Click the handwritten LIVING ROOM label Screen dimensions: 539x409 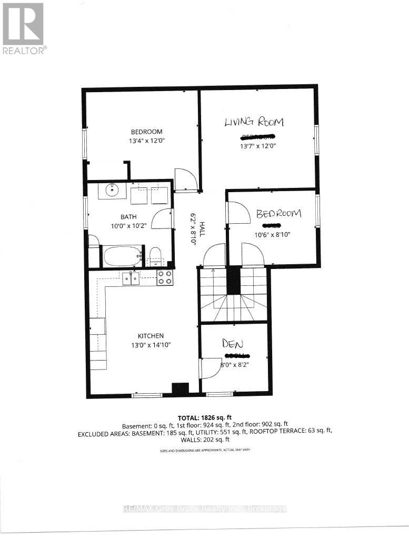click(x=254, y=123)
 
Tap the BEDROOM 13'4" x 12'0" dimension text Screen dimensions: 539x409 click(x=147, y=141)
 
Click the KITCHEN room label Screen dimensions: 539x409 click(x=151, y=336)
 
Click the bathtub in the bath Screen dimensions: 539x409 click(x=123, y=256)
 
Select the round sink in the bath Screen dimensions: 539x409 click(x=113, y=189)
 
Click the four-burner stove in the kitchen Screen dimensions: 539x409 click(x=165, y=277)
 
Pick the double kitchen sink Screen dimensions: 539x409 click(x=131, y=278)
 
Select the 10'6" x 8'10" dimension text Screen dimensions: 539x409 click(x=273, y=234)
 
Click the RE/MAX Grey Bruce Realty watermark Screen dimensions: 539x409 click(x=204, y=508)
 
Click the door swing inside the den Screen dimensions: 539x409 click(x=212, y=367)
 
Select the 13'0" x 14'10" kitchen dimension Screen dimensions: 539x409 click(x=151, y=345)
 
